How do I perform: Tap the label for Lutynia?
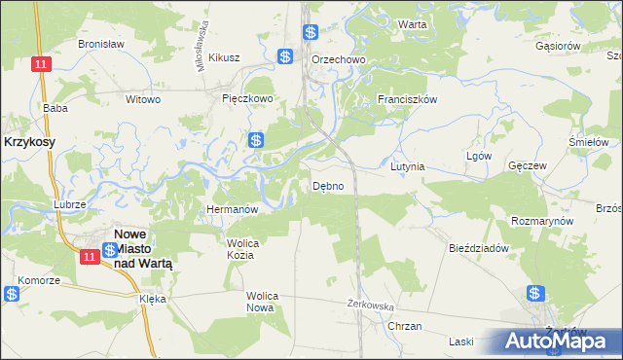[x=408, y=166]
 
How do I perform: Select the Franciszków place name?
[x=409, y=99]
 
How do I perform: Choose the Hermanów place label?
[x=231, y=209]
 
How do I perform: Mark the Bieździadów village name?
[x=479, y=248]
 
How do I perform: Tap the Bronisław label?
[x=98, y=45]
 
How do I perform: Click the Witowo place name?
[x=143, y=99]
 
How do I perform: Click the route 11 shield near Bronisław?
[x=39, y=63]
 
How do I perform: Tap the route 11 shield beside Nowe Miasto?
[x=88, y=256]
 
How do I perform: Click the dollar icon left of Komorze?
[x=11, y=294]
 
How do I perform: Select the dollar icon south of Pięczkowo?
[x=255, y=140]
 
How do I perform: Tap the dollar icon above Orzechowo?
[x=310, y=32]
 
